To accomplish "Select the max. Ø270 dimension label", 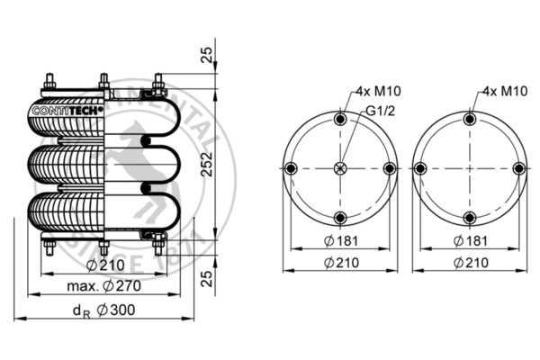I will point(103,287).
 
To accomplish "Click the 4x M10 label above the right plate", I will point(504,92).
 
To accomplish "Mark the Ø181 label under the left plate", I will point(339,240).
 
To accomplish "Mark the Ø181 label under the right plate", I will point(467,240).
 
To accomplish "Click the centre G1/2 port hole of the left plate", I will point(339,168).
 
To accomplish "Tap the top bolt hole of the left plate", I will point(339,120).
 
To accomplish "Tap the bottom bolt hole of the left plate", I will point(339,217).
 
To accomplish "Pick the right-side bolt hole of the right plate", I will point(517,167).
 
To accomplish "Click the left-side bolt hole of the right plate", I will point(419,167).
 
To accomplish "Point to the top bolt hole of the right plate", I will point(468,119).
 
